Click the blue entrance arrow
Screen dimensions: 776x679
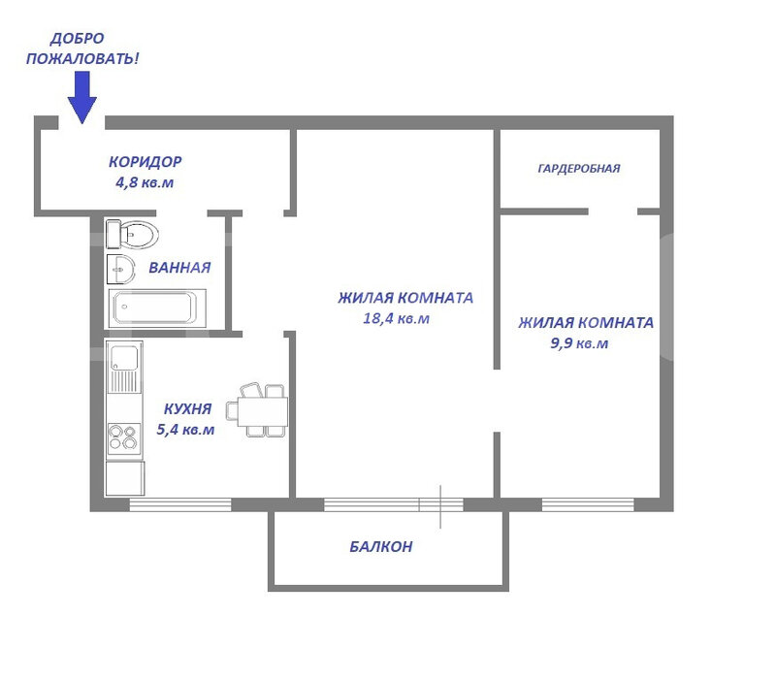click(x=82, y=97)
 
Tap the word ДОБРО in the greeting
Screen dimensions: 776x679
click(x=78, y=38)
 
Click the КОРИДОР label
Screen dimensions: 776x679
click(x=145, y=161)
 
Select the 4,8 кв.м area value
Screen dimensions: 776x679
click(x=145, y=182)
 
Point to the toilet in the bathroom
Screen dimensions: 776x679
click(x=132, y=234)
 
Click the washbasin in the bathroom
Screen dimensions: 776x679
click(x=120, y=270)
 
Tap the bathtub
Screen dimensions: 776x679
click(x=157, y=308)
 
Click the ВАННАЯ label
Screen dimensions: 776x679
click(x=179, y=268)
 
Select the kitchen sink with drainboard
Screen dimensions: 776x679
click(x=125, y=367)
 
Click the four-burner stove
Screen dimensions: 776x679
click(x=124, y=438)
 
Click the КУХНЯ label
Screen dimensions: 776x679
click(x=187, y=408)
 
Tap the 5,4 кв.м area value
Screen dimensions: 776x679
click(x=185, y=429)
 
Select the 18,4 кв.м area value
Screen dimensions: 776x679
click(x=396, y=318)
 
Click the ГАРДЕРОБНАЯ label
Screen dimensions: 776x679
click(x=579, y=168)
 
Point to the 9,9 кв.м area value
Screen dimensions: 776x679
click(x=579, y=343)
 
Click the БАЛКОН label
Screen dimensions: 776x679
click(x=381, y=546)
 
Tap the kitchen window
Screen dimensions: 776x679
click(x=180, y=504)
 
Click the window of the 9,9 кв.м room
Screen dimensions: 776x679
click(x=588, y=504)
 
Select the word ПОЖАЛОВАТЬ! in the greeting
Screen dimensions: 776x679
click(x=82, y=58)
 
